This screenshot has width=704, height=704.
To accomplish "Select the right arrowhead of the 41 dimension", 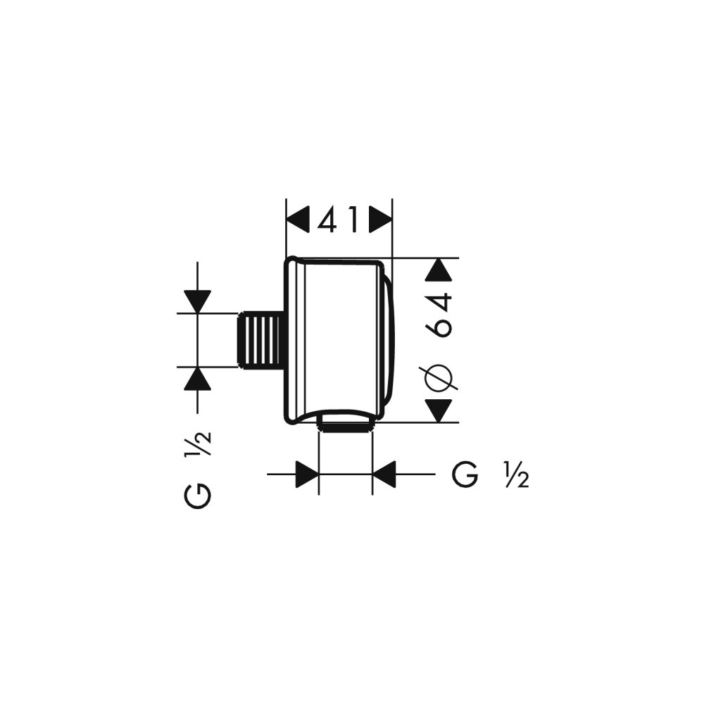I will point(380,220).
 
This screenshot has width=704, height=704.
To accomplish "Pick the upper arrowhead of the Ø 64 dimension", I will point(441,272).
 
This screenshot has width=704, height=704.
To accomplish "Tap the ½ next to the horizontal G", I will point(516,475).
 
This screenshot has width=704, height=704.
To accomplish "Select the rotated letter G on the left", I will point(198,495).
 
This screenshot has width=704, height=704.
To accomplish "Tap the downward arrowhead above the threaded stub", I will point(198,301).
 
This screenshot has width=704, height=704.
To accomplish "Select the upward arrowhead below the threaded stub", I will point(198,379).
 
